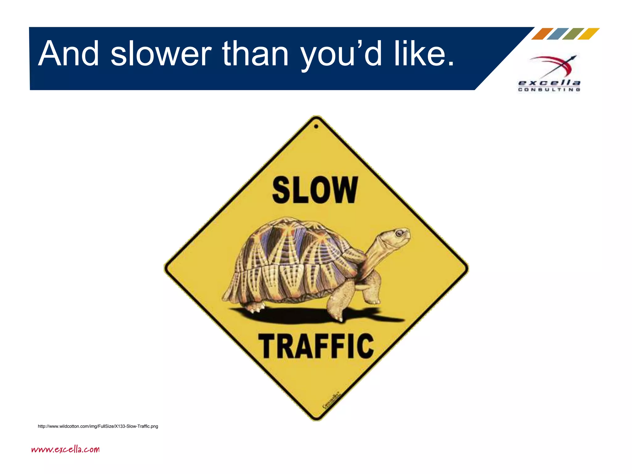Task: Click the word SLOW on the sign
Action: pyautogui.click(x=315, y=190)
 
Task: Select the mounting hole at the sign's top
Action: pyautogui.click(x=316, y=126)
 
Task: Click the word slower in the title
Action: pyautogui.click(x=161, y=54)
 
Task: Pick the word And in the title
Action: pyautogui.click(x=69, y=54)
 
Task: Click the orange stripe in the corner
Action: pyautogui.click(x=542, y=34)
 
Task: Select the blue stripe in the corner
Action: pyautogui.click(x=558, y=34)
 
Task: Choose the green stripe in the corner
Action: pyautogui.click(x=573, y=34)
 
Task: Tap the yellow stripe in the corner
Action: pyautogui.click(x=588, y=34)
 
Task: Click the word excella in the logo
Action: pyautogui.click(x=549, y=83)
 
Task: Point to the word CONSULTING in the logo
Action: pyautogui.click(x=549, y=89)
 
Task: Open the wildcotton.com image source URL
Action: pyautogui.click(x=98, y=426)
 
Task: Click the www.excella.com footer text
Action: pyautogui.click(x=65, y=449)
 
